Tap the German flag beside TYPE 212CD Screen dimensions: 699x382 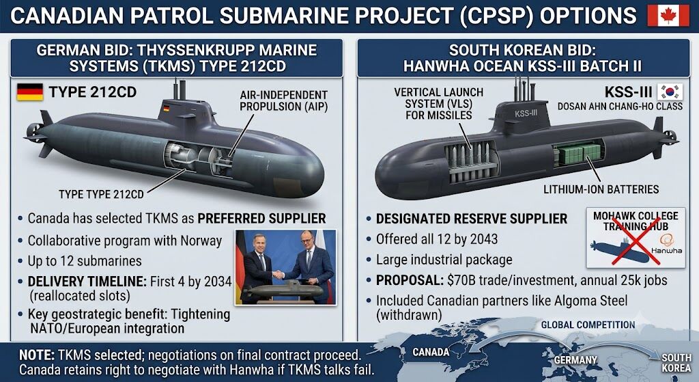[x=30, y=92]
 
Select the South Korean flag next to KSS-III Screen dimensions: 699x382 [x=670, y=92]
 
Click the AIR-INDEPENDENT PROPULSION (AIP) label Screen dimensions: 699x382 [x=283, y=101]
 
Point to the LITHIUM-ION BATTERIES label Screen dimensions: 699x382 [x=601, y=189]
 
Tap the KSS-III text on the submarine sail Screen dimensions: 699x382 [x=526, y=113]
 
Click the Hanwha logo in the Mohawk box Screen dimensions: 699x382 [x=666, y=245]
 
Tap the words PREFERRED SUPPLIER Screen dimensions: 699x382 [x=261, y=218]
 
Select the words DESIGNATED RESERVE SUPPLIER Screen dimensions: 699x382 [x=472, y=219]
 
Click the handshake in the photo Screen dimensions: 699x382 [x=279, y=274]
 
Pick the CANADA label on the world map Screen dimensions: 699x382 [x=431, y=352]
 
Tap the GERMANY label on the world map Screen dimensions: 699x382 [x=575, y=359]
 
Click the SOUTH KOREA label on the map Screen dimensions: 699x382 [x=676, y=363]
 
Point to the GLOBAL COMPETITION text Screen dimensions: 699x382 [x=588, y=325]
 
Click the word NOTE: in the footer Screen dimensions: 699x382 [x=37, y=355]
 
